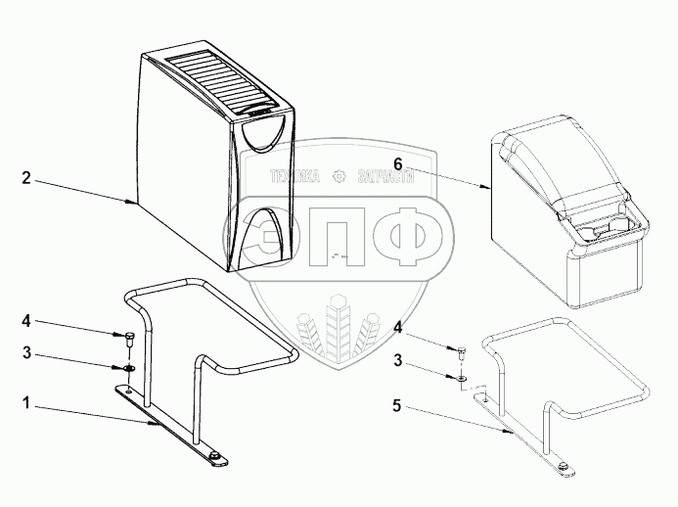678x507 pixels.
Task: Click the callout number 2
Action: click(x=27, y=178)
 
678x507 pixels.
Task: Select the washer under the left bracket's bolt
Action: click(x=128, y=367)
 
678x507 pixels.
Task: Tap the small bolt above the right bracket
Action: click(x=462, y=350)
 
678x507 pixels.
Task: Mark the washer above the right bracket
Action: click(x=462, y=376)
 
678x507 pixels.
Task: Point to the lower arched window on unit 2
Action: click(x=265, y=232)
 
